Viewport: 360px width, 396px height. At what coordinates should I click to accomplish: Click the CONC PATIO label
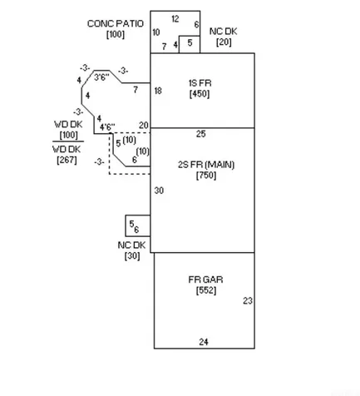click(116, 23)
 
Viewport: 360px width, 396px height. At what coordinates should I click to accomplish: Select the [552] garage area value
click(206, 290)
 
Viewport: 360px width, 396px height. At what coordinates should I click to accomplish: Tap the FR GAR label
click(205, 280)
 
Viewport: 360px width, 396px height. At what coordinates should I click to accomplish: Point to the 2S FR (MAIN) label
click(206, 165)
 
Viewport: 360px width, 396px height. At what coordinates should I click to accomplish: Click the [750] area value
click(206, 176)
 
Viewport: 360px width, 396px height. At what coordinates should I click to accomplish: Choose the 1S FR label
click(200, 83)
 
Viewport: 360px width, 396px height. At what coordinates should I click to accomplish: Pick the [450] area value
click(200, 94)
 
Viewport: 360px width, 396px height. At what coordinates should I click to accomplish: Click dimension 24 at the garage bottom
click(204, 342)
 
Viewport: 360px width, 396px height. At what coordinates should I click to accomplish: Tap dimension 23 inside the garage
click(248, 301)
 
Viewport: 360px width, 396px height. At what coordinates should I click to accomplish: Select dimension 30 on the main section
click(159, 191)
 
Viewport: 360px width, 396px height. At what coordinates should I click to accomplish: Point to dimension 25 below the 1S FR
click(201, 134)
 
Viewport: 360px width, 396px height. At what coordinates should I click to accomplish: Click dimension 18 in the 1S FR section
click(158, 91)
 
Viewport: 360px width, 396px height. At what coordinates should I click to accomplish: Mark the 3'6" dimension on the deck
click(101, 77)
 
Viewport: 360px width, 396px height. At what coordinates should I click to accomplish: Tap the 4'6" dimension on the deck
click(107, 127)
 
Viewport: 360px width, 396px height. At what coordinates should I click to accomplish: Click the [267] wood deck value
click(67, 160)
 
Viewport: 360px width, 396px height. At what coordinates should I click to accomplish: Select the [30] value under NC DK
click(132, 255)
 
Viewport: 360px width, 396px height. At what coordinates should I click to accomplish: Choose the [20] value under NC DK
click(224, 42)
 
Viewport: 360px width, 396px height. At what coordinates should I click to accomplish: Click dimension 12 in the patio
click(175, 19)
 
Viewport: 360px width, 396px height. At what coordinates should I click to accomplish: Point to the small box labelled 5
click(190, 44)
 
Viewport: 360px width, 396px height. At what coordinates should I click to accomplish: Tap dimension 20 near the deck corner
click(144, 126)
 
